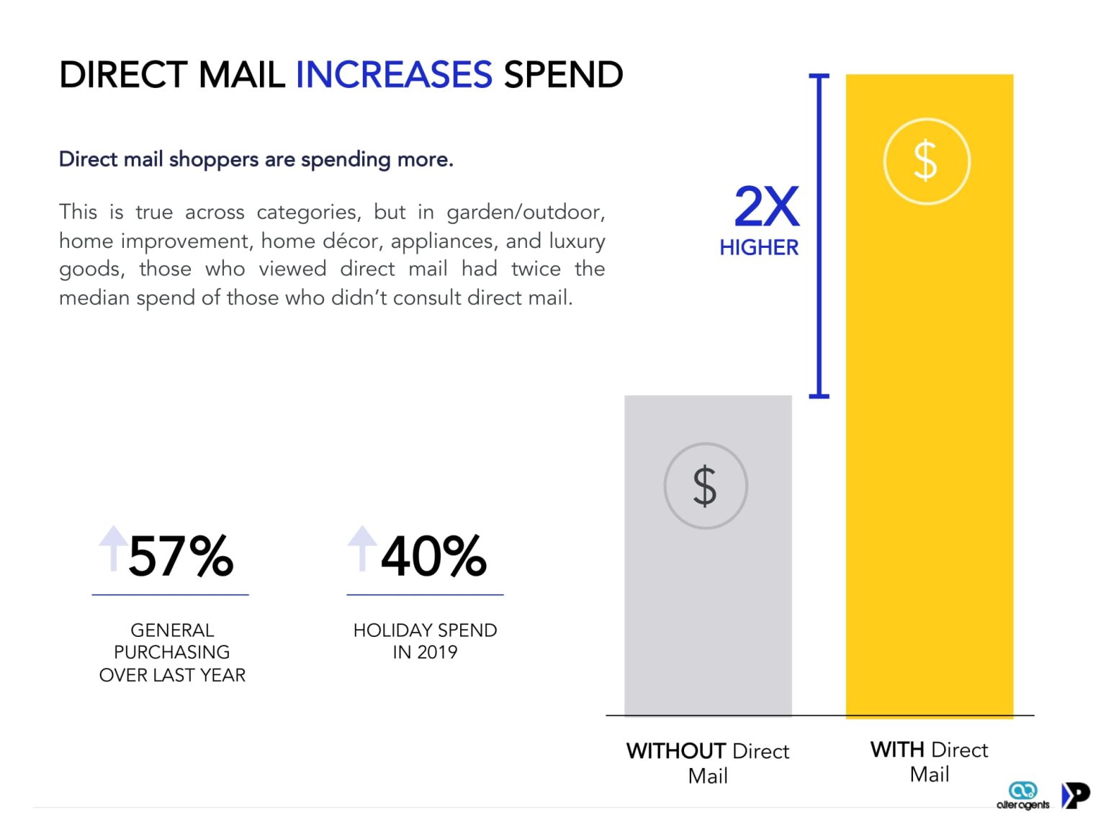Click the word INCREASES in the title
[x=394, y=75]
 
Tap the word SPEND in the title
[x=563, y=75]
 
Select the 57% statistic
[x=181, y=556]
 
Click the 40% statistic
[x=433, y=556]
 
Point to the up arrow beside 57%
[x=113, y=548]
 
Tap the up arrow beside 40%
[x=362, y=548]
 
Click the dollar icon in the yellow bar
[x=926, y=161]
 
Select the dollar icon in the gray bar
[x=705, y=486]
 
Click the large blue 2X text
[x=766, y=207]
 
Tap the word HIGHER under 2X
[x=759, y=248]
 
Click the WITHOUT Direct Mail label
[x=708, y=763]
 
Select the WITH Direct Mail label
[x=929, y=762]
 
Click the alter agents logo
[x=1022, y=796]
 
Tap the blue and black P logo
[x=1076, y=795]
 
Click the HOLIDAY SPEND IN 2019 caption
[x=425, y=641]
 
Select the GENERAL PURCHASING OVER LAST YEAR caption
[x=172, y=652]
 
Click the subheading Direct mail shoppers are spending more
[x=256, y=159]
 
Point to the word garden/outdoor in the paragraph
[x=525, y=212]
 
